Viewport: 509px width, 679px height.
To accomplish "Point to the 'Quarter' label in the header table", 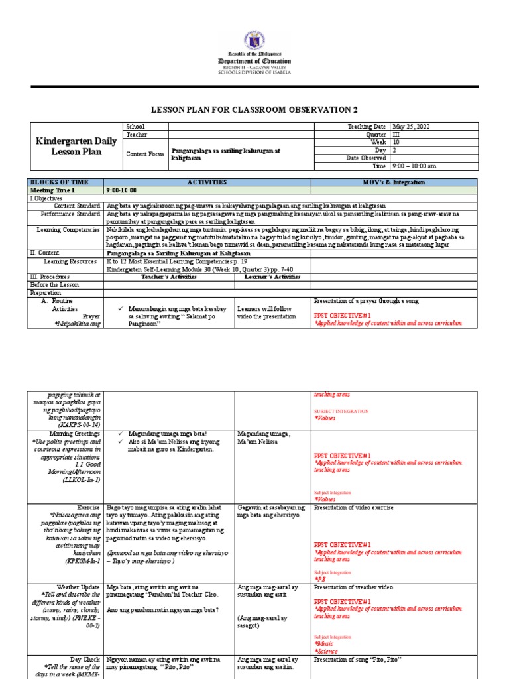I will (x=374, y=134).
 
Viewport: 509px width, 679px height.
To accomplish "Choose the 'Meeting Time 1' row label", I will (x=51, y=190).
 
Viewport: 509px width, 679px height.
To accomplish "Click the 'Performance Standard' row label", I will (x=70, y=214).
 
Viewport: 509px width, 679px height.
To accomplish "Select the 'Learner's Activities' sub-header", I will (x=273, y=277).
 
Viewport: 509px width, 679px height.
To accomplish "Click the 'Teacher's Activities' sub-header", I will (x=169, y=277).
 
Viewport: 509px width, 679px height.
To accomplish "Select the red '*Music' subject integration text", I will (x=324, y=643).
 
